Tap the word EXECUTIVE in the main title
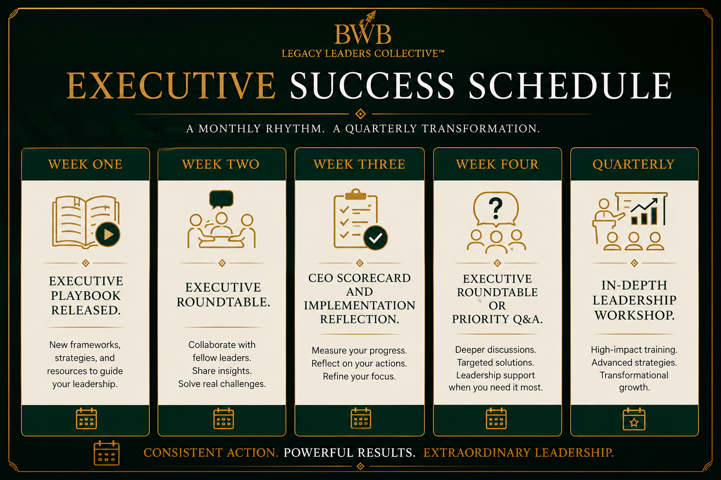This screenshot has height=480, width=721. [x=171, y=85]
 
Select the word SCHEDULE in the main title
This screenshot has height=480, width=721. [x=570, y=85]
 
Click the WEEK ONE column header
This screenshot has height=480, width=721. [x=85, y=164]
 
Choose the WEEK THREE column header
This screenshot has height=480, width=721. [x=360, y=164]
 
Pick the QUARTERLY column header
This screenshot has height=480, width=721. [x=633, y=164]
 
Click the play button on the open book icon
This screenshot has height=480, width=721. [x=108, y=234]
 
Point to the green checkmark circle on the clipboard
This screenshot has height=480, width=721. [x=376, y=238]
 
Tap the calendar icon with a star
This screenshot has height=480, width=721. [x=634, y=419]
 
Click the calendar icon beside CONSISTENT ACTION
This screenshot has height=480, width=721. [x=107, y=453]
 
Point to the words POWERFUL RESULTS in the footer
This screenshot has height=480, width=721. [x=350, y=453]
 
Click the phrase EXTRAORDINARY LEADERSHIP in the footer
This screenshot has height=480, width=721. [x=519, y=453]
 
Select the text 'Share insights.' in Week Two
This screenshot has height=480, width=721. [x=222, y=371]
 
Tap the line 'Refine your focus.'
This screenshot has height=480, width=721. [x=359, y=376]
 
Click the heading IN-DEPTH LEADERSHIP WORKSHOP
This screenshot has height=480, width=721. [x=635, y=300]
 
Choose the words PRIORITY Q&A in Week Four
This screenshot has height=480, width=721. [x=497, y=319]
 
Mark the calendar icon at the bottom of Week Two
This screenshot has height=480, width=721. [x=224, y=419]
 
